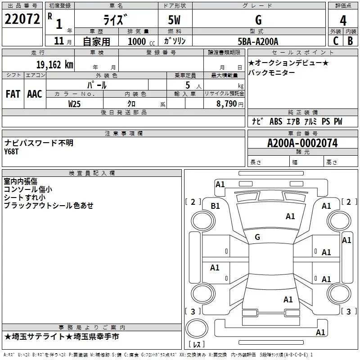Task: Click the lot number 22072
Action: (x=22, y=19)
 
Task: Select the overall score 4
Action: (x=343, y=21)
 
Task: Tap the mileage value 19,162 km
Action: (x=54, y=65)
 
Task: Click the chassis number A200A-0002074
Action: (x=302, y=143)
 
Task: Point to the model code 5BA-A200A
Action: (x=258, y=41)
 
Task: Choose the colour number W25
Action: (x=74, y=104)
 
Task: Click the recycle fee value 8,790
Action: (x=226, y=103)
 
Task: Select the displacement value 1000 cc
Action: (x=141, y=41)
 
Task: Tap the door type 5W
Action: (x=174, y=20)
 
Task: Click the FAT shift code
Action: (x=13, y=94)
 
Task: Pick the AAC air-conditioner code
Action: (x=35, y=94)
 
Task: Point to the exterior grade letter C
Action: (x=336, y=41)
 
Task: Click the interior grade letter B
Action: (x=350, y=41)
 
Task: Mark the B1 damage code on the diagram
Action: (x=215, y=206)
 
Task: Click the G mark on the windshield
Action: (x=257, y=237)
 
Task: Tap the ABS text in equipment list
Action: (x=276, y=121)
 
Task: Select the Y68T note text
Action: (x=11, y=152)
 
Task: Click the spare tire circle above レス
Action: (x=197, y=328)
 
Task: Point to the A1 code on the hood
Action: (x=290, y=216)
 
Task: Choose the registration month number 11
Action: (x=59, y=41)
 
